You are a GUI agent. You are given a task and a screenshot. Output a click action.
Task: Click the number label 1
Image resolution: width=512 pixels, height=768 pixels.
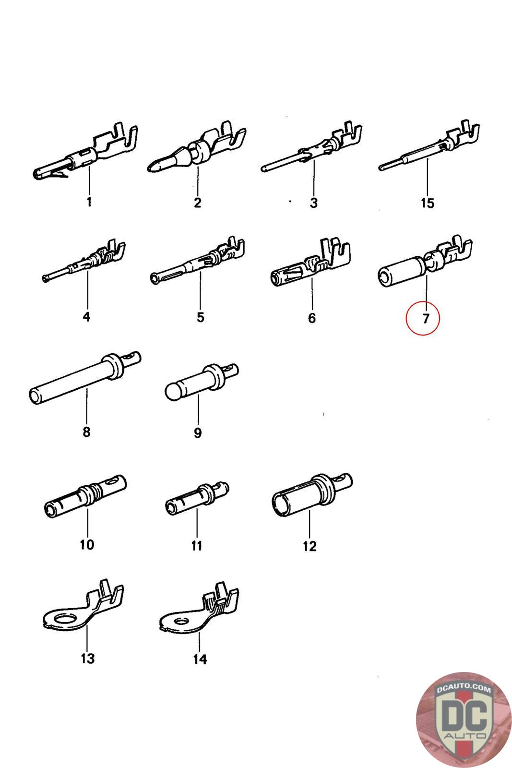click(x=89, y=202)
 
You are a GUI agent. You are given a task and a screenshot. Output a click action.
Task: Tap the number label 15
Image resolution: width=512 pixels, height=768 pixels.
click(x=427, y=203)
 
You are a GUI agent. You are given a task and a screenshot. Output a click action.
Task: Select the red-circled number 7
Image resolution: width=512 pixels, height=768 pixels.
click(x=423, y=318)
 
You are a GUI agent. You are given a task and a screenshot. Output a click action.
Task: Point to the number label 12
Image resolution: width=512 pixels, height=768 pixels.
click(x=310, y=546)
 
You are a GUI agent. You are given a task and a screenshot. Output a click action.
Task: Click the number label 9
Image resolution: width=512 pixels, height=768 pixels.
click(x=198, y=433)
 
